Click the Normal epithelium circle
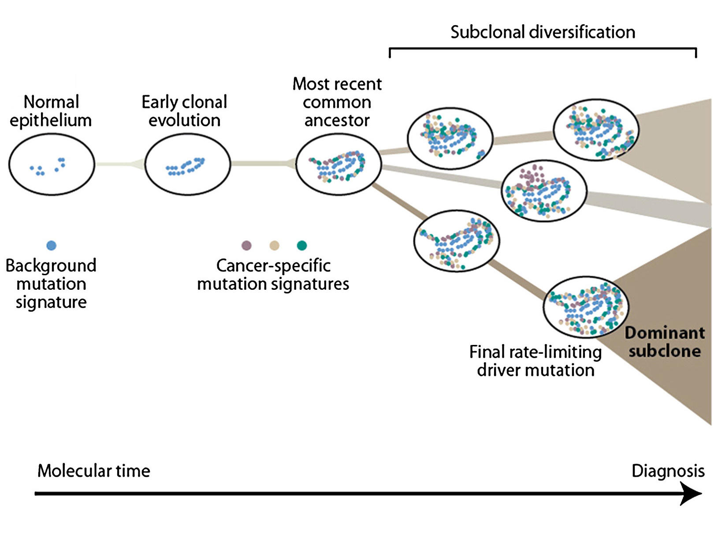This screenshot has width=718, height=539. point(52,164)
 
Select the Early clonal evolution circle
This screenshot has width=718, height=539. point(187,164)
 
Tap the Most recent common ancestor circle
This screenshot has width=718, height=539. point(338,165)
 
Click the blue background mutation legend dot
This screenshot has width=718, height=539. point(51,245)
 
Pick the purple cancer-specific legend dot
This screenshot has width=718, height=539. point(246,245)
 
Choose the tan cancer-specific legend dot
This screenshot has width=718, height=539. point(274,245)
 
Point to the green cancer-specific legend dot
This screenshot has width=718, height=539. point(302,245)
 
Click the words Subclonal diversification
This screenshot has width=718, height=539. point(543,32)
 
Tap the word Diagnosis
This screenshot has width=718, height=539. point(668,471)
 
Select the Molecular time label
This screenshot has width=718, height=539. point(93,471)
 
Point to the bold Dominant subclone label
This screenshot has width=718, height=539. point(664,342)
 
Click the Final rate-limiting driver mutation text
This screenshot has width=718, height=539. point(536,361)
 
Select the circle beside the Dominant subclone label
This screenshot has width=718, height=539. point(586,307)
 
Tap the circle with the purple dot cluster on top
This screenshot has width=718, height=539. point(544,191)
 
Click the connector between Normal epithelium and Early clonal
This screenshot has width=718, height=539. point(119,164)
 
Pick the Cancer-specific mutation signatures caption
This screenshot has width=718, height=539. point(273,275)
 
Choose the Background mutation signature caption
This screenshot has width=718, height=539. point(51,284)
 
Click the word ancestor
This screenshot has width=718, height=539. point(337,120)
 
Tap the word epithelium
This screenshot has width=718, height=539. point(51,120)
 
